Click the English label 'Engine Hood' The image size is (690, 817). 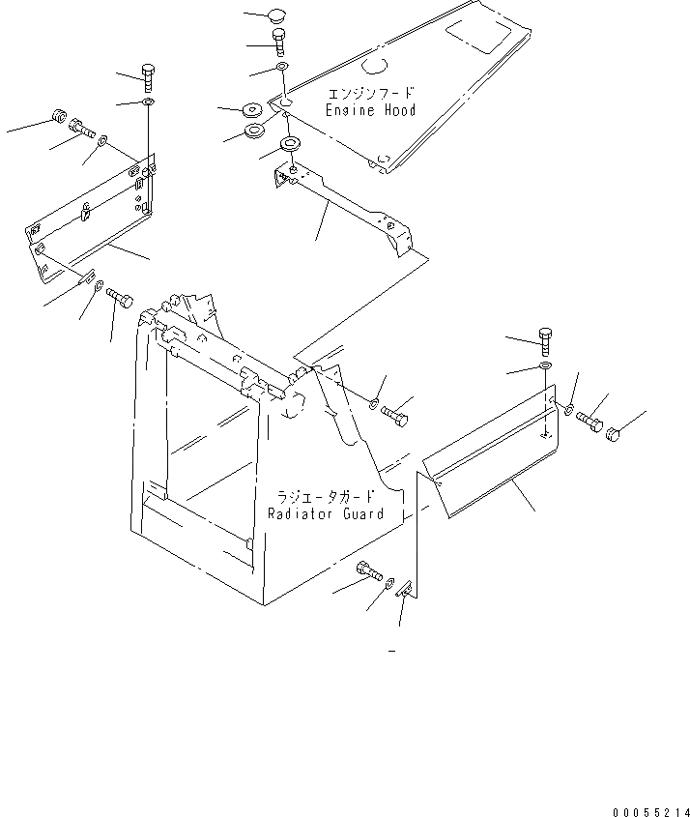(x=372, y=110)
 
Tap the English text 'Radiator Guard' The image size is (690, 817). (x=326, y=513)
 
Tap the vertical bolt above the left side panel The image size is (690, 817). (x=148, y=74)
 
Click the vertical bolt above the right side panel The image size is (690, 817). (x=544, y=340)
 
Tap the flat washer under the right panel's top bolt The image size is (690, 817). (x=545, y=367)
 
